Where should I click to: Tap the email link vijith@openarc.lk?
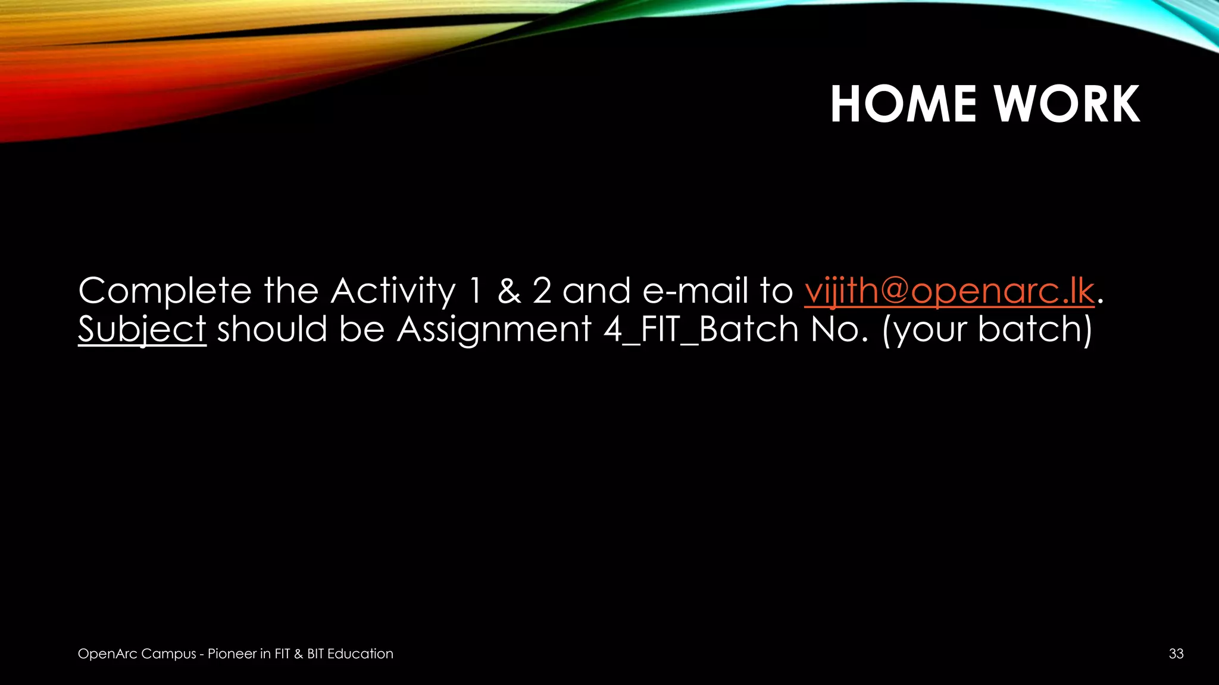949,291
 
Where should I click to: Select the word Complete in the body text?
165,291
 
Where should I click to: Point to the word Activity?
393,291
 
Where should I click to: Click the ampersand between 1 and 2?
509,291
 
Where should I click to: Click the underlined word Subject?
142,329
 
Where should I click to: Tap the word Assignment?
494,329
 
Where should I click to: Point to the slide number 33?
1176,653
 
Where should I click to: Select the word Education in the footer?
360,653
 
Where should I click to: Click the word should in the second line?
272,329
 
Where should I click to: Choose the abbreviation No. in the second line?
839,329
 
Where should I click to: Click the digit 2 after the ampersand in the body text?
542,291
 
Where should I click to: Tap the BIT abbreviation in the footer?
315,653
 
